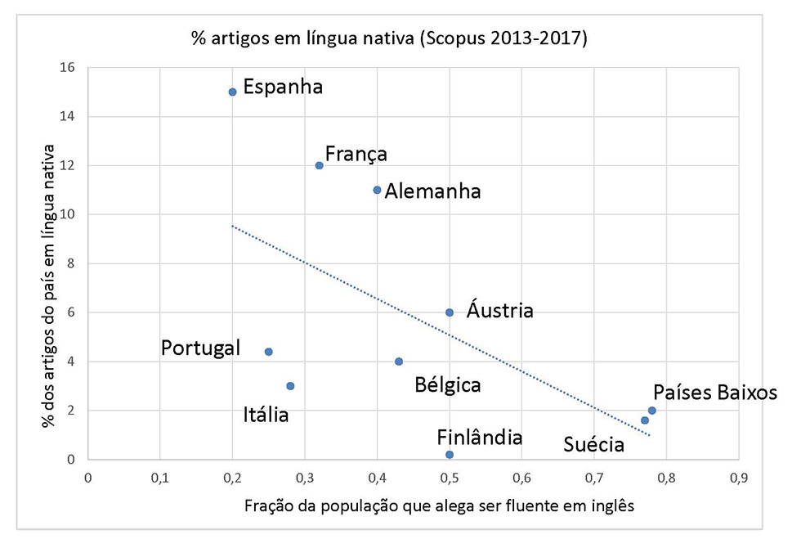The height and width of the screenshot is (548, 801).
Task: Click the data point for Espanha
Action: (x=232, y=92)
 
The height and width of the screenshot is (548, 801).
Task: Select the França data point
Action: (x=319, y=165)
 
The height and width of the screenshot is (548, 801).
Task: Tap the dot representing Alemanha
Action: (x=377, y=190)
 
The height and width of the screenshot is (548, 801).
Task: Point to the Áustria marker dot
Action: (x=450, y=312)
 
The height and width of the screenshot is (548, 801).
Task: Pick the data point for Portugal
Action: (x=268, y=352)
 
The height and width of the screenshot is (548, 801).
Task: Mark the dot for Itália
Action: (x=290, y=386)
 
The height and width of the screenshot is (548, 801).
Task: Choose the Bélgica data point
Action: (x=399, y=362)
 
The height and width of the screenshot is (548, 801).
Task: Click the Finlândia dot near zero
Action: (x=450, y=455)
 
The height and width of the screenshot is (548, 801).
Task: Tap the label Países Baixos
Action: (x=714, y=393)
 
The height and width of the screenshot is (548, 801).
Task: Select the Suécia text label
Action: (x=594, y=445)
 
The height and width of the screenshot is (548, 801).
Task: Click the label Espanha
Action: (x=284, y=87)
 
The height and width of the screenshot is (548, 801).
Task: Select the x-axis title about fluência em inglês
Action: (x=439, y=505)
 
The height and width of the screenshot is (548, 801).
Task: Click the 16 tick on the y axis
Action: (x=65, y=68)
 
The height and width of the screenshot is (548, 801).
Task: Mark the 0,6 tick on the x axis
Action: (x=521, y=475)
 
